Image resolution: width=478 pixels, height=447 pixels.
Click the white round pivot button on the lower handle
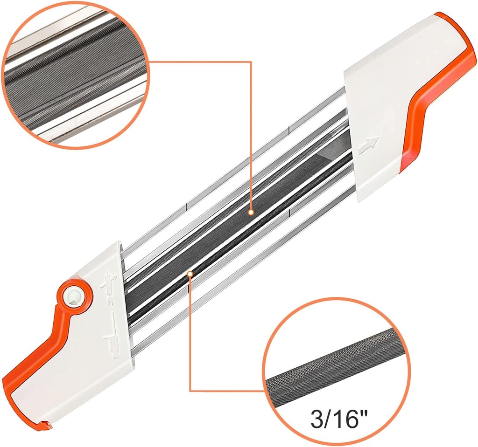tap(73, 295)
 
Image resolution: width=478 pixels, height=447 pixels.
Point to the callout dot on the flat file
tap(251, 212)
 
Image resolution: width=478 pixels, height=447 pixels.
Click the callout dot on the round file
tap(190, 274)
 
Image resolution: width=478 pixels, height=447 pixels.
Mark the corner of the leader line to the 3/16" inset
tap(190, 391)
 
